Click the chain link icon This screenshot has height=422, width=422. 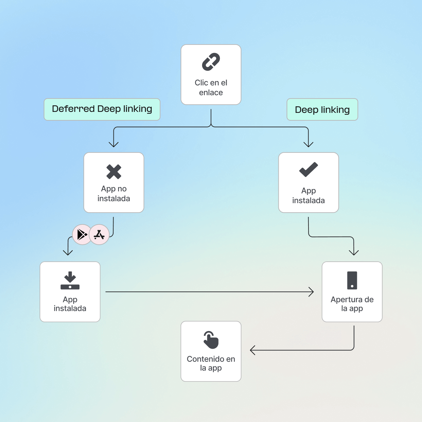[211, 62]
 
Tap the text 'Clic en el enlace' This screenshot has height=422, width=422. [211, 88]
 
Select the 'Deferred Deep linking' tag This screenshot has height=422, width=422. [102, 109]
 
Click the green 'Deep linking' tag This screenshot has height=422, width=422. [322, 110]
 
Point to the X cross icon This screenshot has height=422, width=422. [114, 172]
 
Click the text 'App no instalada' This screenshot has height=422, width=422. [114, 194]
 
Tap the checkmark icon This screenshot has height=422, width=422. [308, 169]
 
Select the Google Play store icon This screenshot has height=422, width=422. [82, 235]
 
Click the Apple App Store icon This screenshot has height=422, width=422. [99, 235]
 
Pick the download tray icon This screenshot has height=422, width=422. [70, 280]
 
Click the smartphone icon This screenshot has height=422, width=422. [352, 280]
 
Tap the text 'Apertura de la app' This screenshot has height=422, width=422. [352, 304]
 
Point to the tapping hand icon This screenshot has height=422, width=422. [211, 340]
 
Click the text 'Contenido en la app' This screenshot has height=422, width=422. [211, 363]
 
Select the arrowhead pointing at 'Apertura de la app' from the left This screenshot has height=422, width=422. [311, 292]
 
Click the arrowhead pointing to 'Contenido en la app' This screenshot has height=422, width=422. [252, 350]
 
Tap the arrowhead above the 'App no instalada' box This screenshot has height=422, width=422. [114, 145]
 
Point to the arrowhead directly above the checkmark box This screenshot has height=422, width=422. [308, 145]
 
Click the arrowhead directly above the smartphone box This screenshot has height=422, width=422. [354, 253]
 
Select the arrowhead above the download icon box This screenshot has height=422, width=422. [68, 253]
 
